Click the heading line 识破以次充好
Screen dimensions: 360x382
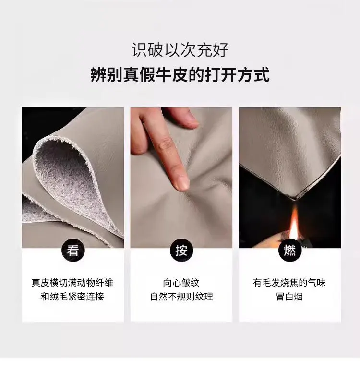[x=180, y=50]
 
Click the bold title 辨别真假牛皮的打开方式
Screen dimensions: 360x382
[x=180, y=74]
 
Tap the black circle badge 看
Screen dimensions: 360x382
[x=72, y=250]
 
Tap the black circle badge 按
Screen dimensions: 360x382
[x=181, y=250]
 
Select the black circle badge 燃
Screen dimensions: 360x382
[x=290, y=250]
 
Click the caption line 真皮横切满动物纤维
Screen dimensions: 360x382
[x=72, y=283]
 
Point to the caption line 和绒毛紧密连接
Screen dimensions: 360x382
[x=72, y=297]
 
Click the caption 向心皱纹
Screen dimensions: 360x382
[x=181, y=283]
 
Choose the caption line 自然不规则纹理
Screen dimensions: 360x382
[x=181, y=297]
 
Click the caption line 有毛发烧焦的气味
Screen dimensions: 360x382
[x=289, y=283]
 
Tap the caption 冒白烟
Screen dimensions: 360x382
[x=289, y=297]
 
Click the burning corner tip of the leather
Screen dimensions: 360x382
[x=294, y=199]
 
